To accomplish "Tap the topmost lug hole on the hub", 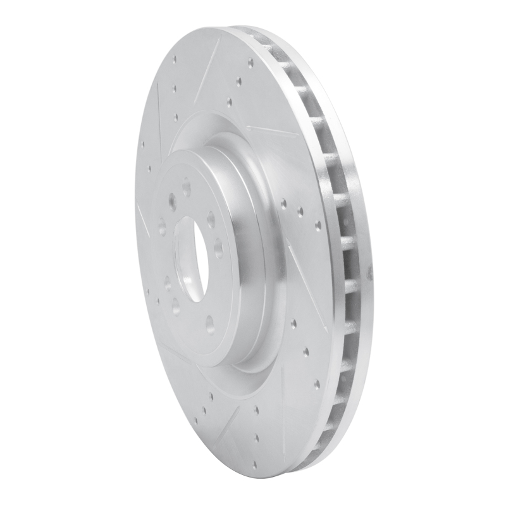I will tap(187, 187).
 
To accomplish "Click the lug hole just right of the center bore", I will tap(219, 246).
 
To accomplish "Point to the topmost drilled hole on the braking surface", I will tap(250, 62).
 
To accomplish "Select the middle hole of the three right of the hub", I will tap(300, 211).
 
